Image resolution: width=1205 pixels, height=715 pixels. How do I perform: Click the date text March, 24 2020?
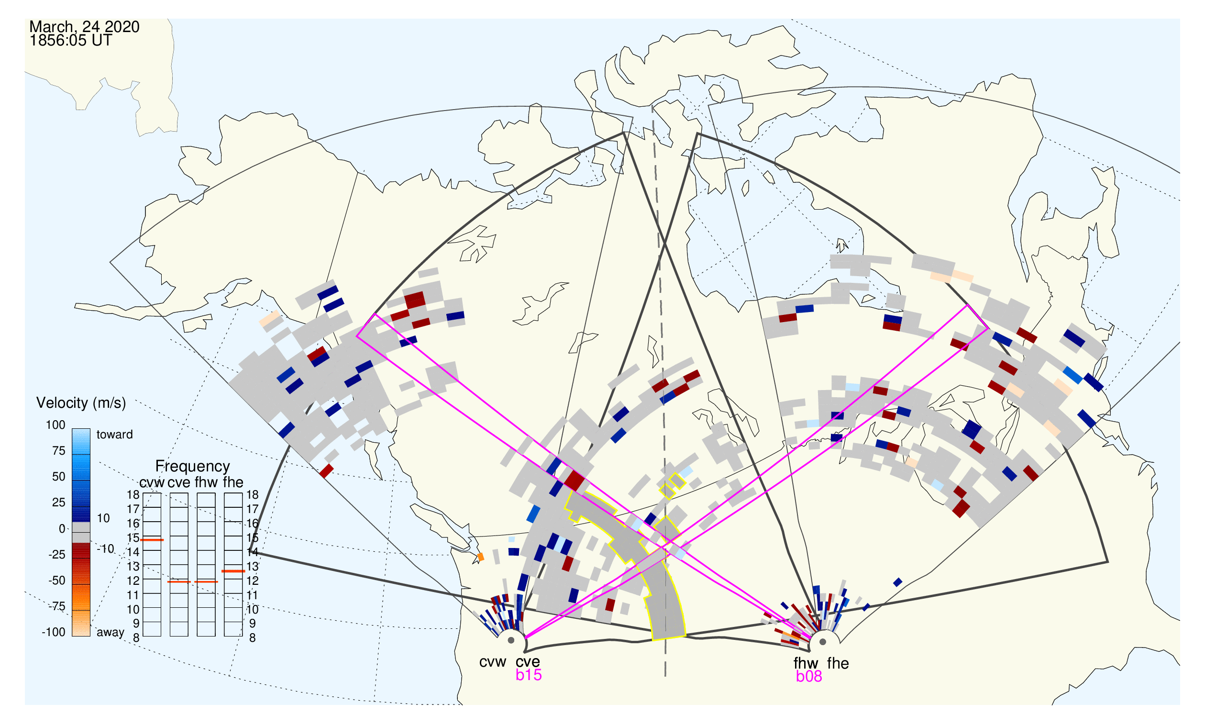[84, 27]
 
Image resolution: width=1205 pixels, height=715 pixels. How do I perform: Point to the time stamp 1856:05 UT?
[71, 41]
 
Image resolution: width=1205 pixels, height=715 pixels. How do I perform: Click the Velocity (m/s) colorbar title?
[81, 403]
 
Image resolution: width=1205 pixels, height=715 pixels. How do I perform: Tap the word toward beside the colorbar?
[115, 435]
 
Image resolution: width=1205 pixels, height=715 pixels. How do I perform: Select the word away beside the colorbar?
[111, 633]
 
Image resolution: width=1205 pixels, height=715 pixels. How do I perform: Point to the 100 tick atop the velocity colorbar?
[55, 425]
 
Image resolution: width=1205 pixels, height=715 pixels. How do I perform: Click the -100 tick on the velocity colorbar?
[54, 632]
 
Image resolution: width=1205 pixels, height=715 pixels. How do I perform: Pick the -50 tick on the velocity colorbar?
[56, 581]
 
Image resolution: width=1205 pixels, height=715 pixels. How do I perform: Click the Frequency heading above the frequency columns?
[193, 467]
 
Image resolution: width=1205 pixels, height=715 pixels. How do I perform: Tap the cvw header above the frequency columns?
[152, 483]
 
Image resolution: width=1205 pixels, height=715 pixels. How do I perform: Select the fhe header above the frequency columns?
[233, 483]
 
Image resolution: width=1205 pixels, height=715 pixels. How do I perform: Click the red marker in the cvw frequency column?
[152, 540]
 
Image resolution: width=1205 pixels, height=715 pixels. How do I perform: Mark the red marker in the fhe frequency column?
[233, 571]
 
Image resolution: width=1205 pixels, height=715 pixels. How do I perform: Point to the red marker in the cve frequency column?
[179, 582]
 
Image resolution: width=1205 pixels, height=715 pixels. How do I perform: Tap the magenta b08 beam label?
[809, 677]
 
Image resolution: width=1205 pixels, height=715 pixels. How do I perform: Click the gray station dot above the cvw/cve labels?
[511, 641]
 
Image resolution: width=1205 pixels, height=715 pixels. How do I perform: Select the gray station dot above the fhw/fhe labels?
[823, 642]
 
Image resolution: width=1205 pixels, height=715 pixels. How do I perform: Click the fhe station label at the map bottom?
[838, 664]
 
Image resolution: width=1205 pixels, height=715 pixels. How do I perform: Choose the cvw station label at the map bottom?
[493, 662]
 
